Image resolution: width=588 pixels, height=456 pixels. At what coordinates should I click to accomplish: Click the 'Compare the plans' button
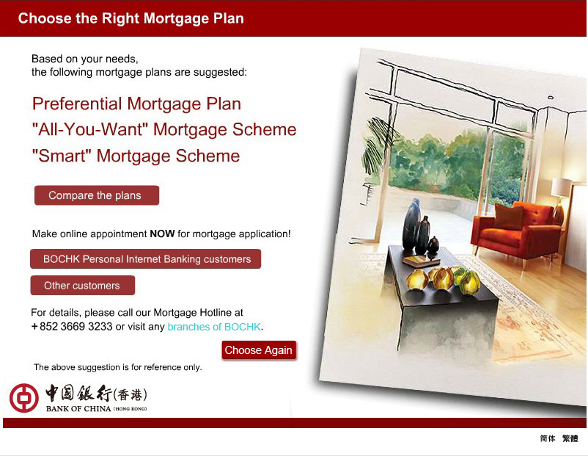97,195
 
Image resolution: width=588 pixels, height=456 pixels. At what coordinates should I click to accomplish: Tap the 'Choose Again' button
259,350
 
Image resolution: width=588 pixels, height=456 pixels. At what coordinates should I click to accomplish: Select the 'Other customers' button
83,286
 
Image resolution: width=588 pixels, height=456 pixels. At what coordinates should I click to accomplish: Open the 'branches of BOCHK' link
214,327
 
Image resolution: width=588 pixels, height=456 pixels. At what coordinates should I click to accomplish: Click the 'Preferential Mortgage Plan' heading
136,104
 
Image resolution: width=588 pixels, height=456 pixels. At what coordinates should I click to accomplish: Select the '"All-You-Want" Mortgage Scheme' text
164,129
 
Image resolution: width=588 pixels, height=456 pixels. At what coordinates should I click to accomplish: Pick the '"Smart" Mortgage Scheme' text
136,156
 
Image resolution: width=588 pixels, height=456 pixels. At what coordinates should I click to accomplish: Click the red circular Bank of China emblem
24,398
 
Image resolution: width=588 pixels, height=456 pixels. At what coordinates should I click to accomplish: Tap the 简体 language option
548,438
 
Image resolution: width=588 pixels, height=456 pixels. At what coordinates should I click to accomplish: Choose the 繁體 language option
570,438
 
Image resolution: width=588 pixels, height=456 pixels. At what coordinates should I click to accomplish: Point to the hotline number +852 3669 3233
72,327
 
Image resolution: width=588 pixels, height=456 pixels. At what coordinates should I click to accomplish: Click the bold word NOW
162,234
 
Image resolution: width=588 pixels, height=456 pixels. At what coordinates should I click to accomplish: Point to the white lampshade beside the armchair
561,187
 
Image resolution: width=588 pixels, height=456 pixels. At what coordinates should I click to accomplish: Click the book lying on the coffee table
421,260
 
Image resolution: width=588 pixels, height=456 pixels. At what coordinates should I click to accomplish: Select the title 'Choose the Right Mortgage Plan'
131,18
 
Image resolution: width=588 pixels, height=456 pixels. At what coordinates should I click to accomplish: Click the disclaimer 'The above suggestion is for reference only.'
118,367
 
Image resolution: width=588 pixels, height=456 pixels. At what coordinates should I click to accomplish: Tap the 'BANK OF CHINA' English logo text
78,409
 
